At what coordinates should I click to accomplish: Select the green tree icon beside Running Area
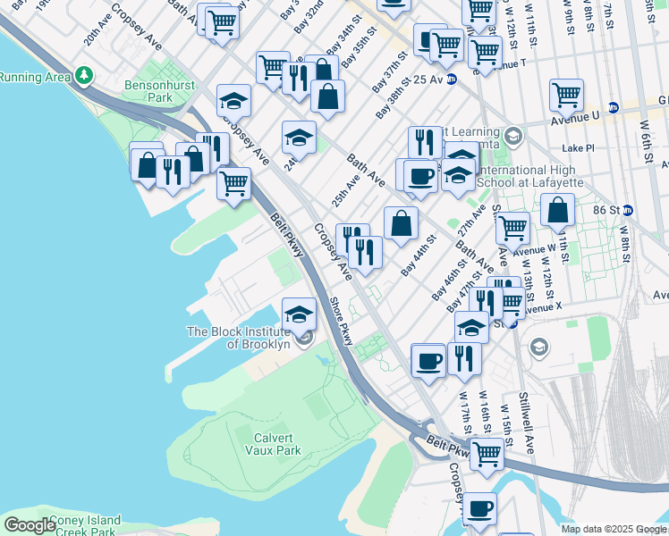[84, 75]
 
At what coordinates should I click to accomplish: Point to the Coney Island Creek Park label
[72, 526]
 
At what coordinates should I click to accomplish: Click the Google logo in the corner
[29, 525]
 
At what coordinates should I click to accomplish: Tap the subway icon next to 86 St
[629, 211]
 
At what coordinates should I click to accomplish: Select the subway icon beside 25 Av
[452, 79]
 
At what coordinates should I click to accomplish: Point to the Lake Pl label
[578, 147]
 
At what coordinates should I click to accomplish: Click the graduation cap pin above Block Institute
[300, 313]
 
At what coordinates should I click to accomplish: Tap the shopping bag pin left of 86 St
[557, 210]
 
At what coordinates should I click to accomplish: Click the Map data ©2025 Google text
[612, 529]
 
